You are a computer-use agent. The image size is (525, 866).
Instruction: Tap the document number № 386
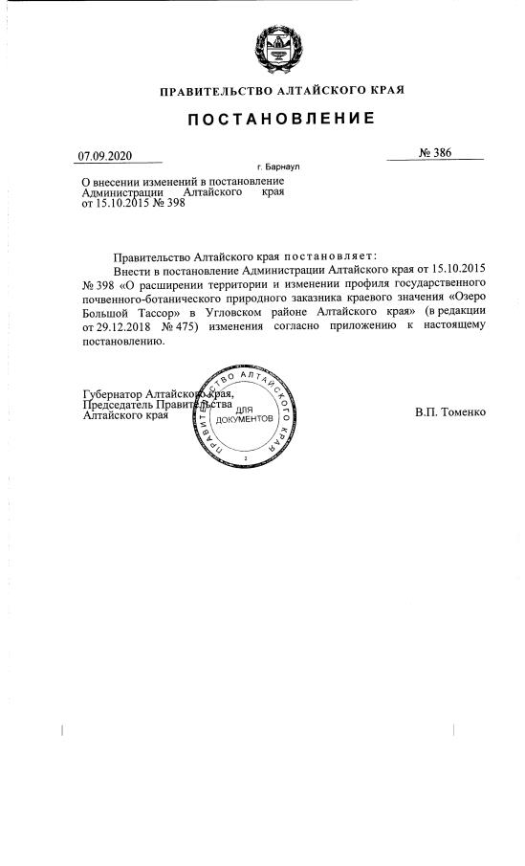pyautogui.click(x=434, y=153)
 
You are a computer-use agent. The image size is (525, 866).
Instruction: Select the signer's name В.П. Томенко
pyautogui.click(x=451, y=412)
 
